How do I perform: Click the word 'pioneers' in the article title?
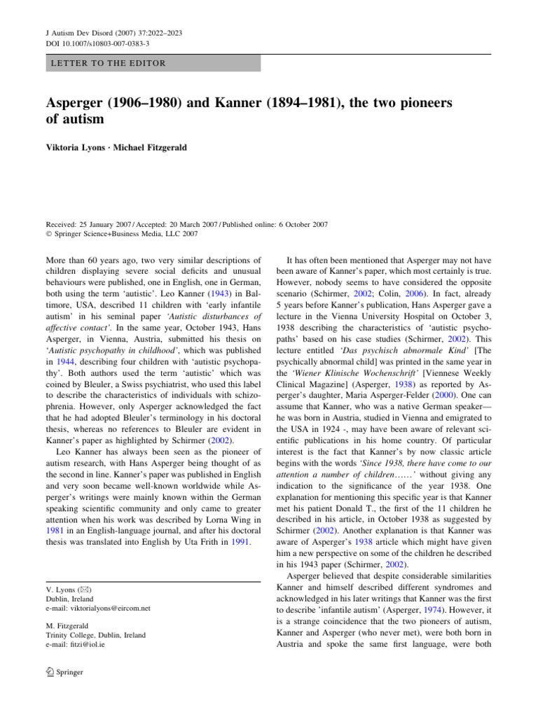[x=420, y=102]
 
